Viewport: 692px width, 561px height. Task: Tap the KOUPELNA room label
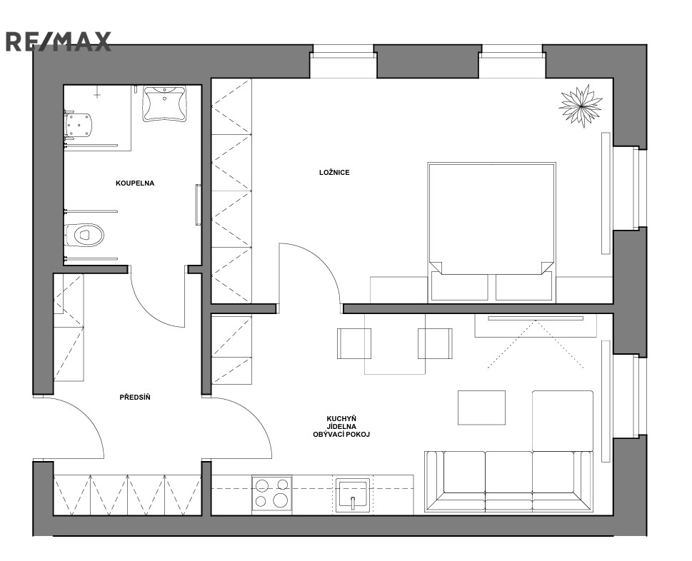click(x=135, y=183)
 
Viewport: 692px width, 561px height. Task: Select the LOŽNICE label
click(x=334, y=173)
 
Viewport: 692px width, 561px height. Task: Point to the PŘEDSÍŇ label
click(x=135, y=398)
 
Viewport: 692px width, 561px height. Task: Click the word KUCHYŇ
click(x=341, y=418)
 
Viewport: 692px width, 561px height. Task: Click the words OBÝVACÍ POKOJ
click(x=341, y=435)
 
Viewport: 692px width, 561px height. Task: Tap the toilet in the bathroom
click(x=84, y=235)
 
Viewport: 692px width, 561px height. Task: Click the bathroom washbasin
click(x=164, y=103)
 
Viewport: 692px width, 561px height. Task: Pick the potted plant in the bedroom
click(x=581, y=106)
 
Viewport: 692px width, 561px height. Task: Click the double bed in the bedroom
click(x=491, y=232)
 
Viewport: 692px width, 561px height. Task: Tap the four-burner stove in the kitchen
click(x=271, y=493)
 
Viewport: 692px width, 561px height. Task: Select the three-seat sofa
click(x=508, y=481)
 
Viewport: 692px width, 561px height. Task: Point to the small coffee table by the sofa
click(x=481, y=408)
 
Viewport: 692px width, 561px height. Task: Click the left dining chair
click(x=354, y=343)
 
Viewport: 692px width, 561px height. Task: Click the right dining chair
click(x=435, y=343)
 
